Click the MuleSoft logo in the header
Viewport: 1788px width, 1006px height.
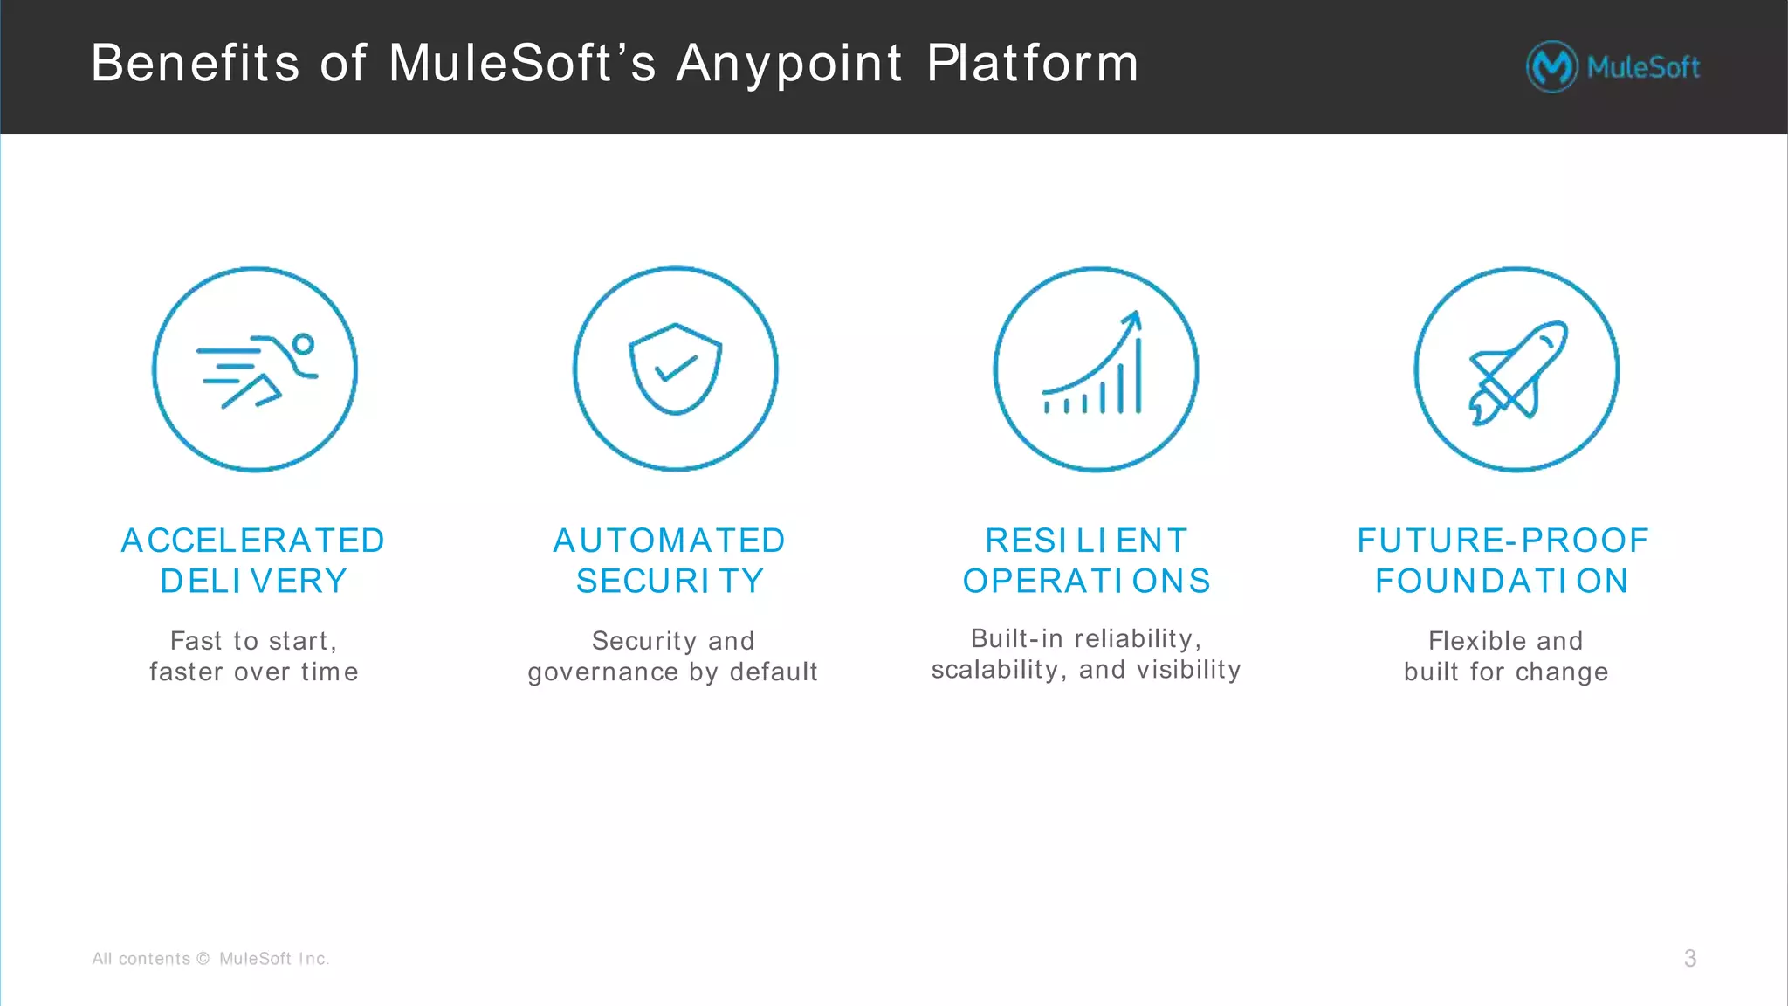coord(1613,66)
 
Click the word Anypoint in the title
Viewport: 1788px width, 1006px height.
coord(788,64)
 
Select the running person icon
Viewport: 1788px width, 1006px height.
coord(255,369)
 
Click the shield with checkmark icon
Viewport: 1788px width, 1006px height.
coord(676,369)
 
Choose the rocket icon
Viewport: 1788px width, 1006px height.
coord(1516,370)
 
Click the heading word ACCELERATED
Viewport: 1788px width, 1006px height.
coord(253,541)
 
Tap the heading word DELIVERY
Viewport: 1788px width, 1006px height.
coord(253,581)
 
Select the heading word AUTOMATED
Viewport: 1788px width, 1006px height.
coord(670,541)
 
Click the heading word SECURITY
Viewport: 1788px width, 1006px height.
coord(670,581)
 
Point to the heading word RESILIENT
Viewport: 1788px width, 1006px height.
coord(1086,541)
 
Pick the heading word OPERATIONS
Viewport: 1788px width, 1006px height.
coord(1086,581)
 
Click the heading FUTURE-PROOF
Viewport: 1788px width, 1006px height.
coord(1503,541)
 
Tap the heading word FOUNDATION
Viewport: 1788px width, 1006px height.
coord(1502,581)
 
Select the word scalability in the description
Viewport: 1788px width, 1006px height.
coord(994,670)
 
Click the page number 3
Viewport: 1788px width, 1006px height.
coord(1690,959)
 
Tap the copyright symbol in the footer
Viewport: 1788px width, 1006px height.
coord(203,959)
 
